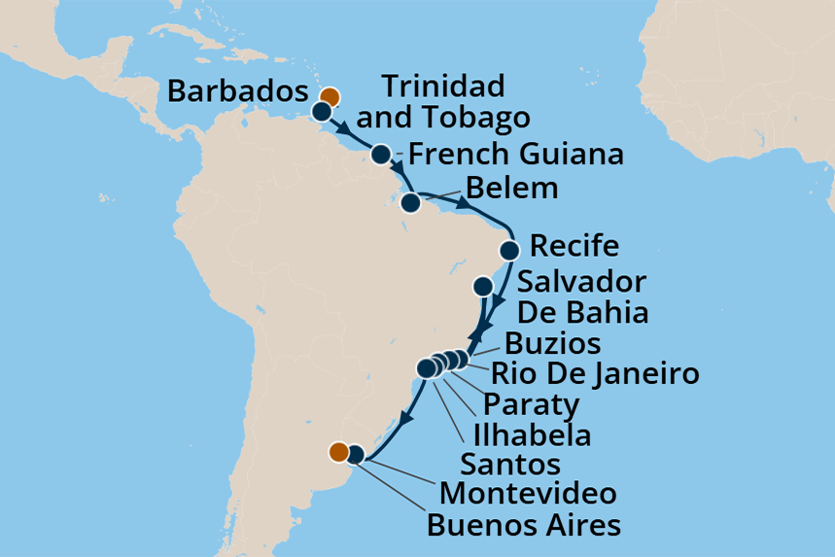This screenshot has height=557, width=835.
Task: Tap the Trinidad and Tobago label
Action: tap(443, 102)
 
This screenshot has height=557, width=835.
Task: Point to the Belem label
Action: tap(512, 188)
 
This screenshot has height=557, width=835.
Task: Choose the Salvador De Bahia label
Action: tap(582, 297)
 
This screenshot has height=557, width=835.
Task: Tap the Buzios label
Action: tap(552, 343)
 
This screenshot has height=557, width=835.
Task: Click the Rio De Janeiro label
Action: tap(595, 372)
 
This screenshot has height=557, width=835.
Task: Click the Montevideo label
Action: tap(527, 494)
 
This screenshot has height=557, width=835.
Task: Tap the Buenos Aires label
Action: tap(524, 526)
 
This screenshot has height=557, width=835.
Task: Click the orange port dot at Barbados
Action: tap(330, 96)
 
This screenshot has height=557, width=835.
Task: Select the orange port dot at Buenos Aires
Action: tap(338, 451)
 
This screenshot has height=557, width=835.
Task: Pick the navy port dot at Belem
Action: tap(411, 203)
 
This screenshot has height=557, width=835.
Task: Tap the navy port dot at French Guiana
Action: tap(381, 155)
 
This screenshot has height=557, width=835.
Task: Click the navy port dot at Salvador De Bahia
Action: tap(482, 287)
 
